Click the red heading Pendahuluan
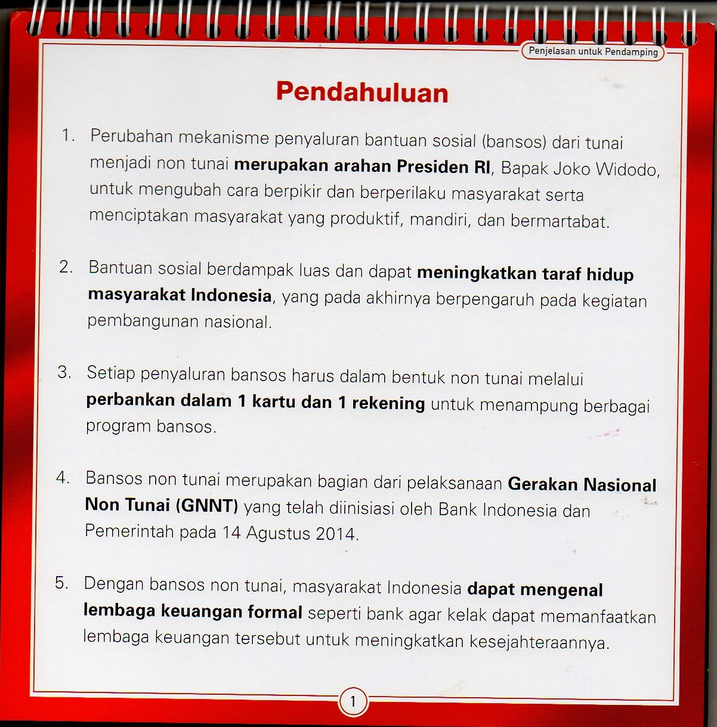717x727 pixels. click(x=361, y=92)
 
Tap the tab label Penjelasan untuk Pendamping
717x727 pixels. click(x=593, y=52)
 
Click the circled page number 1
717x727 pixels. click(x=353, y=701)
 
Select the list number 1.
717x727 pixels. click(x=67, y=136)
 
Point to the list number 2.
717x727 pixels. click(x=66, y=267)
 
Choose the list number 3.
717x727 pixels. click(x=64, y=373)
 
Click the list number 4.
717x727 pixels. click(x=63, y=478)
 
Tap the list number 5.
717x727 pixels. click(x=61, y=583)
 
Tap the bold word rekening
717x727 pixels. click(x=388, y=404)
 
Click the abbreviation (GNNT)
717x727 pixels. click(x=207, y=506)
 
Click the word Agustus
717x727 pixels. click(x=278, y=533)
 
